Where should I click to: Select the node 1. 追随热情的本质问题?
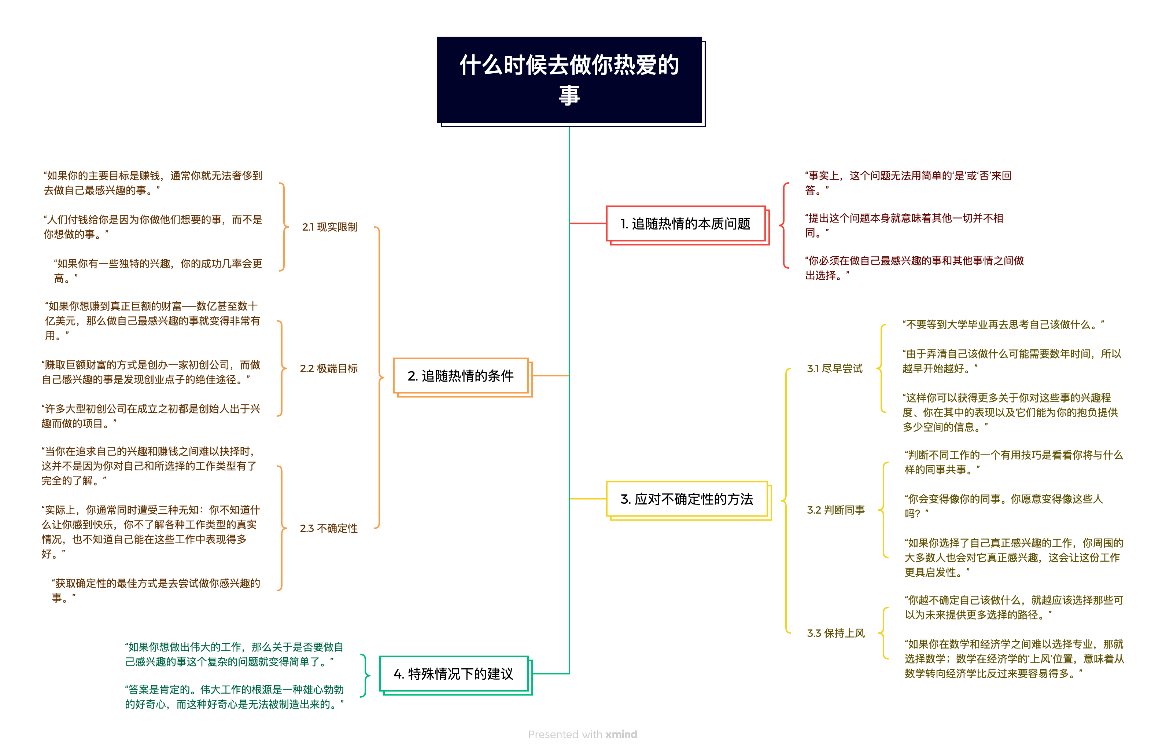pos(685,224)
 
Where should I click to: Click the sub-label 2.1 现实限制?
pos(329,227)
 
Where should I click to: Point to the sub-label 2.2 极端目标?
pos(328,368)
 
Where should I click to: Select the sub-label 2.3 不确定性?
pos(328,528)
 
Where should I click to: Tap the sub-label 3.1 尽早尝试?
pos(834,368)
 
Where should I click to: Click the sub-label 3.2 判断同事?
pos(835,510)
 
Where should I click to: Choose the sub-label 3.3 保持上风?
pos(835,633)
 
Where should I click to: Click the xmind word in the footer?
pos(621,734)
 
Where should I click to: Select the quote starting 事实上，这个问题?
pos(908,182)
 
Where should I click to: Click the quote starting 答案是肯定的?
pos(234,697)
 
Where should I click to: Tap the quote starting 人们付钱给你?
pos(152,227)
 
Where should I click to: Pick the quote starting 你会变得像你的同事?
pos(1003,506)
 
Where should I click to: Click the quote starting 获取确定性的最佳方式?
pos(155,590)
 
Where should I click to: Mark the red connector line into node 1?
pos(588,224)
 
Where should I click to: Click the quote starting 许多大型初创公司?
pos(151,416)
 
